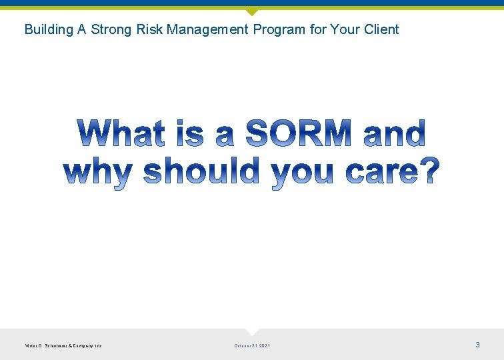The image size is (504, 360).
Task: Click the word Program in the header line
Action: [x=279, y=29]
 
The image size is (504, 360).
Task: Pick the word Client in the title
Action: [x=381, y=29]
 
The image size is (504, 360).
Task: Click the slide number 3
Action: [x=477, y=345]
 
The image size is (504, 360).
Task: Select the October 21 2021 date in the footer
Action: [x=252, y=345]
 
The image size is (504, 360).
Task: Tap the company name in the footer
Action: [x=63, y=345]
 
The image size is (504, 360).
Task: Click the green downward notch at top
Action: [x=252, y=12]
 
